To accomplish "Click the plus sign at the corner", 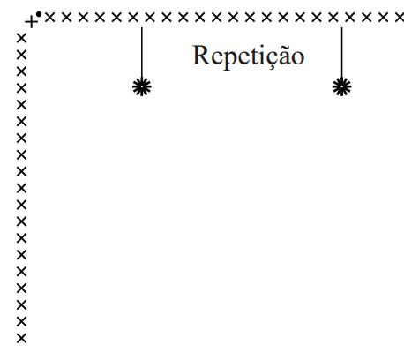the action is coord(31,22).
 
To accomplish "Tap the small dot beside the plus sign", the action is coord(39,14).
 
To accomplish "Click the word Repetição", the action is coord(248,56).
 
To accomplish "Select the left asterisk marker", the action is coord(142,87).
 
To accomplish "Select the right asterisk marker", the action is coord(341,87).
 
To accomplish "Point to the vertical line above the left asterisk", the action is coord(142,53).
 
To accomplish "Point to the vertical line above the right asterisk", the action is coord(341,53).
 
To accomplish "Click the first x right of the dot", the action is coord(50,18).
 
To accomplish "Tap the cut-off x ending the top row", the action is coord(400,18).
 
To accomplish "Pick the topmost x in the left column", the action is coord(21,39).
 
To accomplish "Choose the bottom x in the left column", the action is coord(21,339).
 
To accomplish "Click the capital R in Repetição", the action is coord(201,55).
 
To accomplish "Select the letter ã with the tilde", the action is coord(281,55).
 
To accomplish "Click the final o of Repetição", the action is coord(297,57).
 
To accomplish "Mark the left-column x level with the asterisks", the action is coord(21,88).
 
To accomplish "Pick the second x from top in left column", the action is coord(21,55).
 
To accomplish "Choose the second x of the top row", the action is coord(67,18).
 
